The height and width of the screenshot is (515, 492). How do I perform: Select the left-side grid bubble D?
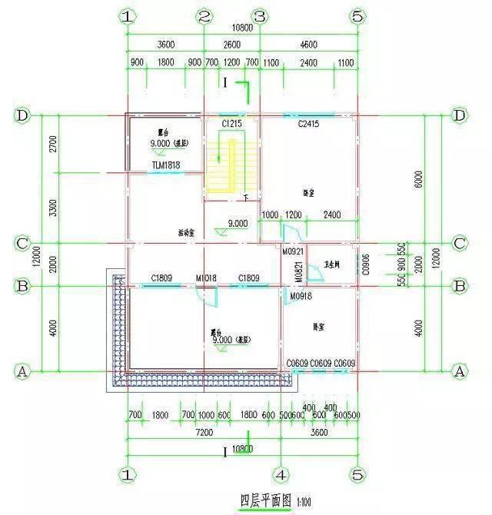pyautogui.click(x=22, y=115)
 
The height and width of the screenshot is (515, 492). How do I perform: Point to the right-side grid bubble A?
pyautogui.click(x=460, y=371)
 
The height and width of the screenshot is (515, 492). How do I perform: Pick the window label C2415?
pyautogui.click(x=307, y=123)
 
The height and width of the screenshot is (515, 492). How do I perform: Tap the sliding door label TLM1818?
pyautogui.click(x=165, y=164)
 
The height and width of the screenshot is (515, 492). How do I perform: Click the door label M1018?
pyautogui.click(x=206, y=277)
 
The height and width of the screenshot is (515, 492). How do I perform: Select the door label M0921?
pyautogui.click(x=293, y=251)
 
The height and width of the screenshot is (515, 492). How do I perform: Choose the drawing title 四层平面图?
pyautogui.click(x=266, y=500)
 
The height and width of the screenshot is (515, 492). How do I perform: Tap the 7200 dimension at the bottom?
pyautogui.click(x=204, y=433)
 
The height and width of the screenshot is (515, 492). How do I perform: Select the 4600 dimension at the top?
pyautogui.click(x=308, y=44)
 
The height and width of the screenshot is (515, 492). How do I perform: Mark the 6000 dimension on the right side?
pyautogui.click(x=418, y=179)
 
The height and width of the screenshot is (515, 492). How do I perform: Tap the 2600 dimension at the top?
pyautogui.click(x=231, y=44)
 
